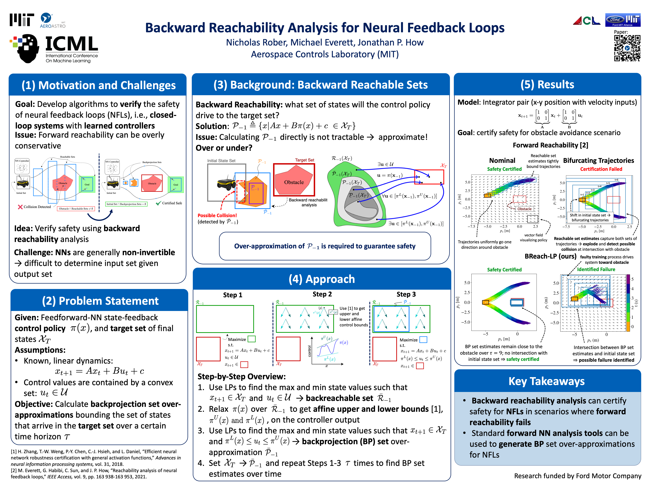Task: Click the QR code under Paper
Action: pyautogui.click(x=627, y=48)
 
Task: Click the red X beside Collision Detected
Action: pyautogui.click(x=20, y=207)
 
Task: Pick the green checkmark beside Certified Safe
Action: pyautogui.click(x=159, y=203)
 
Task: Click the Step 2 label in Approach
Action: pyautogui.click(x=322, y=294)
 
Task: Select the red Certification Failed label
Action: pyautogui.click(x=601, y=169)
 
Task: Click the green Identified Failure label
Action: pyautogui.click(x=596, y=269)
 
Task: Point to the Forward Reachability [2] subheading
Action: pyautogui.click(x=550, y=145)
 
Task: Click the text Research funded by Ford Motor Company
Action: pyautogui.click(x=577, y=476)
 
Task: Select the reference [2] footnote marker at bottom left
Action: pyautogui.click(x=14, y=470)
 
